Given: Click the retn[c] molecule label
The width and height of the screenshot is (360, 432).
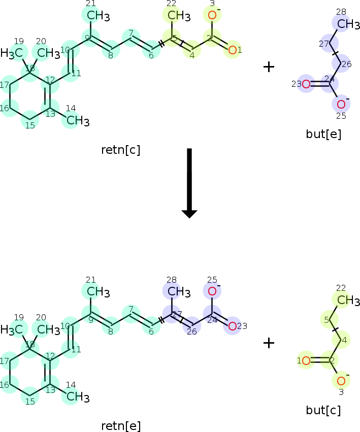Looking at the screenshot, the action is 121,150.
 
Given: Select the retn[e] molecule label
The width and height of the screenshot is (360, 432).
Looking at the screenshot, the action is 121,426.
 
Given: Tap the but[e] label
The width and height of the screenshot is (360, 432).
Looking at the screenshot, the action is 323,134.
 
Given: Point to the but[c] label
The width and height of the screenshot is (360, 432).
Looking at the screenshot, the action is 323,410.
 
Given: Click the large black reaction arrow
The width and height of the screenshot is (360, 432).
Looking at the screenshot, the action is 189,183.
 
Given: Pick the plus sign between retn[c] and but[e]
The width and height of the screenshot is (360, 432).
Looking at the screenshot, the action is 269,67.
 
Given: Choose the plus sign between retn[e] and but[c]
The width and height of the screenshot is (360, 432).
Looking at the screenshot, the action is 269,343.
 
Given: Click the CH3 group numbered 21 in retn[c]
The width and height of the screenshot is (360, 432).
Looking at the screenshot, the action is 99,16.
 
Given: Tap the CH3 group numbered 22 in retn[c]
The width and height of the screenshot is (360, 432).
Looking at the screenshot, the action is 179,16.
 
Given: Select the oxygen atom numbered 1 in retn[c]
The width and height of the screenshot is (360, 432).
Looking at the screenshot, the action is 233,50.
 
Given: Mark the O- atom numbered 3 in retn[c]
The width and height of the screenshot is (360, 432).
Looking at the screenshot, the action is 213,15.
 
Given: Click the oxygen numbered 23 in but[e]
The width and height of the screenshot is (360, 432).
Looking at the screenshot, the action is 306,84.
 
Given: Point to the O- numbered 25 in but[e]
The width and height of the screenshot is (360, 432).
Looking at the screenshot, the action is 342,104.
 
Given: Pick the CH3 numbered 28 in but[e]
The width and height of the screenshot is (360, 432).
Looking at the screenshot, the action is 348,24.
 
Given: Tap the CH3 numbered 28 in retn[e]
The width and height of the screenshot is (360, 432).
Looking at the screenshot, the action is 179,292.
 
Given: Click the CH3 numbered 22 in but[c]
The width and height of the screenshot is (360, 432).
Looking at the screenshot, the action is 348,301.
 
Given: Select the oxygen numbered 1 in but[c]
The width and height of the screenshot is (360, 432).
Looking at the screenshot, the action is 306,360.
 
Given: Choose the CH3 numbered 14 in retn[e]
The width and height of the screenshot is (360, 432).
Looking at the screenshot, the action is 78,397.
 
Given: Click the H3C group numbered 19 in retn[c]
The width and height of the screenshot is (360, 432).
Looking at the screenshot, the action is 12,53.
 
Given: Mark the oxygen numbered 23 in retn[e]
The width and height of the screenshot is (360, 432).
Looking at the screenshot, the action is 233,326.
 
